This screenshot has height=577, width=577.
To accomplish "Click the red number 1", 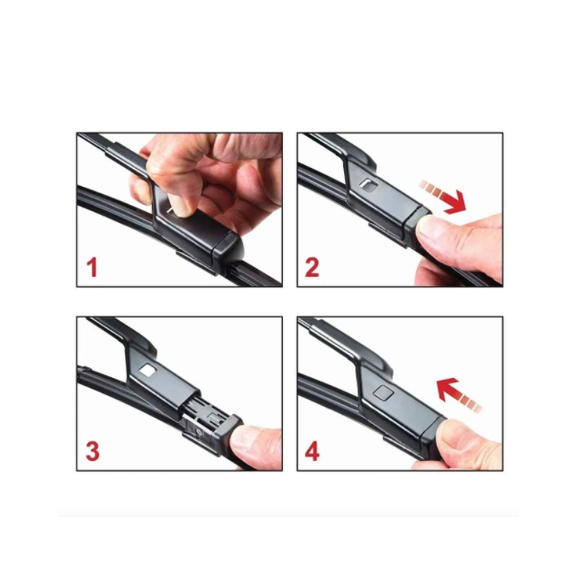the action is [x=92, y=268].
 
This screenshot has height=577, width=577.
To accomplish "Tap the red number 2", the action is [x=312, y=268].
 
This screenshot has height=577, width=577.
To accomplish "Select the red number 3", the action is [x=92, y=452].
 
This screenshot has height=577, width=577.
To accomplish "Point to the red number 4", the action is [x=312, y=452].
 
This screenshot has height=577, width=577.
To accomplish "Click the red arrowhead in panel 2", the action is [x=454, y=202].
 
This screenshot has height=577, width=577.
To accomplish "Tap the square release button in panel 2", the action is [x=369, y=185].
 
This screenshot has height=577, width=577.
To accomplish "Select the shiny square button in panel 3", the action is [x=149, y=370].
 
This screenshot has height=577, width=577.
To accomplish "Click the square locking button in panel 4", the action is [x=384, y=393].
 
